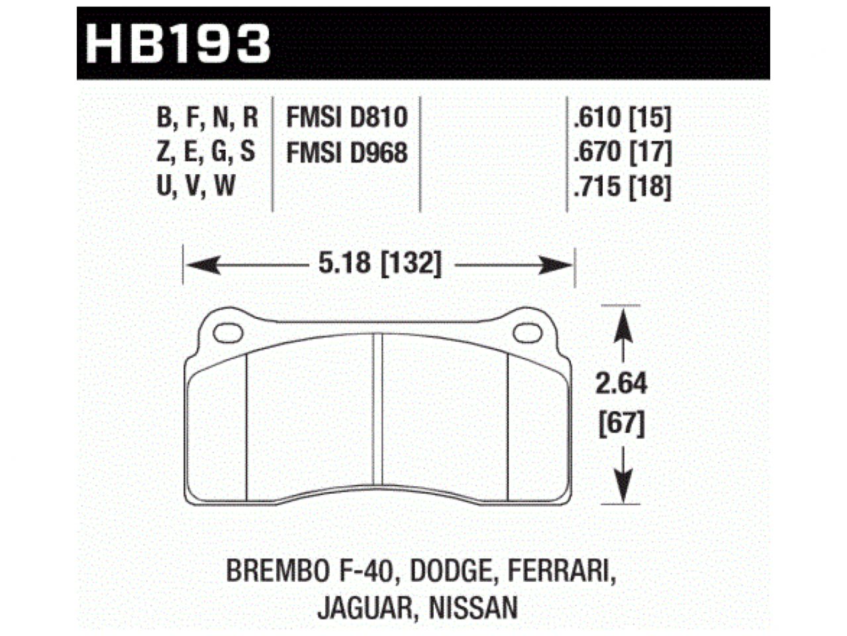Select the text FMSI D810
346,118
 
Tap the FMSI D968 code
346,153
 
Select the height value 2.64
621,384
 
